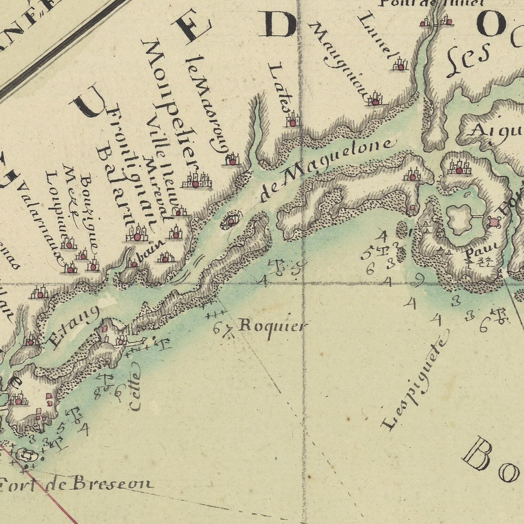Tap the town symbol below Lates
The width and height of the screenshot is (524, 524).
point(293,122)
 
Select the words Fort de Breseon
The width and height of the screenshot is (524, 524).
point(77,484)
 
